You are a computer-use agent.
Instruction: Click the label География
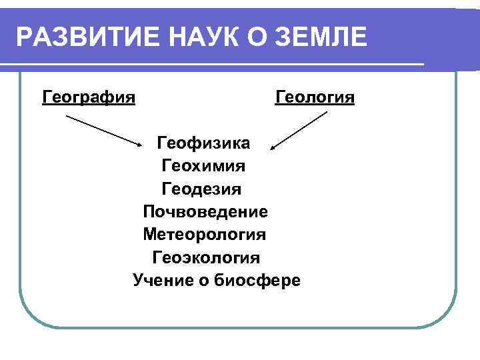point(89,98)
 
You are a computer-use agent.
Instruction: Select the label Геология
point(315,98)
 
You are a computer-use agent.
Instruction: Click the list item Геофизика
point(203,143)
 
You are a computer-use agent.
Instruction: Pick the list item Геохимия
point(203,165)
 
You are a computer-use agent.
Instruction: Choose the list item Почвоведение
point(205,211)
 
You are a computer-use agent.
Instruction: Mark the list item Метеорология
point(204,235)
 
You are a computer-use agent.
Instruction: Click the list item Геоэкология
point(206,257)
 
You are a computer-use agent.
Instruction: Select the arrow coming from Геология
point(301,129)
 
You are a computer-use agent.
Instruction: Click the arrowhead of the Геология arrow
point(276,145)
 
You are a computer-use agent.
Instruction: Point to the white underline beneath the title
point(220,64)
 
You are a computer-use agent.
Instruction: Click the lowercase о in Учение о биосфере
point(203,281)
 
